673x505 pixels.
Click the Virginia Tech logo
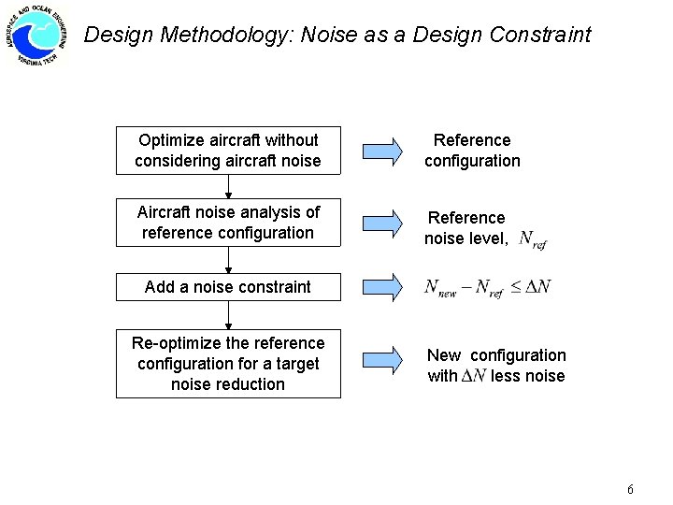coord(40,36)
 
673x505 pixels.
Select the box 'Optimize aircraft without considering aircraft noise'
coord(228,151)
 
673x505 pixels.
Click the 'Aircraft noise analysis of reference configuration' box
coord(228,223)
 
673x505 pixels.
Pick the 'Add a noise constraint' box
coord(228,287)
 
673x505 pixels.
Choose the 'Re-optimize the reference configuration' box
coord(228,364)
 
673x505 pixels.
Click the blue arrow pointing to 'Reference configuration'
coord(381,151)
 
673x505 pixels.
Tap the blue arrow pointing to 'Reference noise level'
coord(381,223)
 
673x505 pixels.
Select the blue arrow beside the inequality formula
coord(381,287)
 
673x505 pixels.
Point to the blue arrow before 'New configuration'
coord(381,361)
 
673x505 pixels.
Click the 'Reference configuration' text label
coord(472,151)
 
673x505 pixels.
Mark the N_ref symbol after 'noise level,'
coord(532,240)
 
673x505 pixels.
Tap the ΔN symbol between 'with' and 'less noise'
coord(474,376)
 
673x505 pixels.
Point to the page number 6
coord(631,490)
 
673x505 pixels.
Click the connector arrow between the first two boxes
coord(228,186)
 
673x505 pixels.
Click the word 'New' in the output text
coord(444,355)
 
